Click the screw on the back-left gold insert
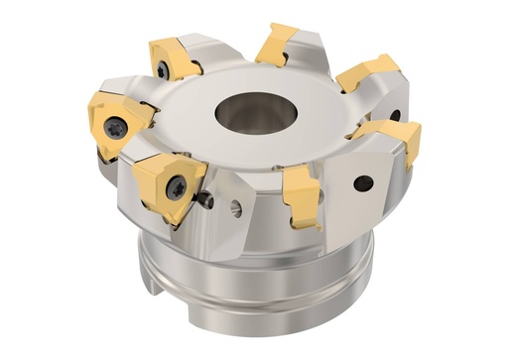pyautogui.click(x=162, y=69)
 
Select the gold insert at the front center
pyautogui.click(x=300, y=193)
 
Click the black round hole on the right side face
pyautogui.click(x=364, y=182)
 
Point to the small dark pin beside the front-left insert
pyautogui.click(x=206, y=201)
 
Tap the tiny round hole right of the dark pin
pyautogui.click(x=236, y=208)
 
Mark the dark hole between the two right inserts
pyautogui.click(x=394, y=115)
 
